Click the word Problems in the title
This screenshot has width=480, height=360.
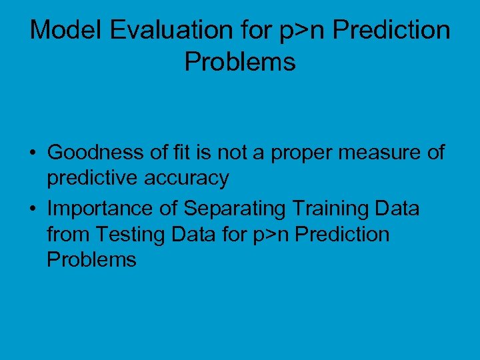[x=240, y=62]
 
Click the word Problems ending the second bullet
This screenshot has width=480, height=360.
[x=91, y=259]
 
